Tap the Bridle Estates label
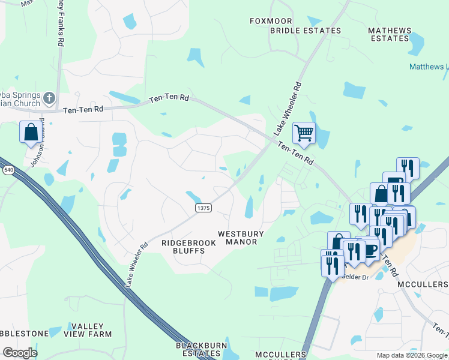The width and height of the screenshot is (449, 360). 305,31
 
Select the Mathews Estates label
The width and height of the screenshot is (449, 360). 390,34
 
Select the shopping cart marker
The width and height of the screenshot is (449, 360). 304,133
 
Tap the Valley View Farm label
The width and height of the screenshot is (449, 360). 88,329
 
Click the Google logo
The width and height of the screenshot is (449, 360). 20,353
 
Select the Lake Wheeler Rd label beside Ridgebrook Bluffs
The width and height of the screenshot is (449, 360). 136,264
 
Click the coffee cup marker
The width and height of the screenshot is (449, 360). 370,248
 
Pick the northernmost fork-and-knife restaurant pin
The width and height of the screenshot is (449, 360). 408,167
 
